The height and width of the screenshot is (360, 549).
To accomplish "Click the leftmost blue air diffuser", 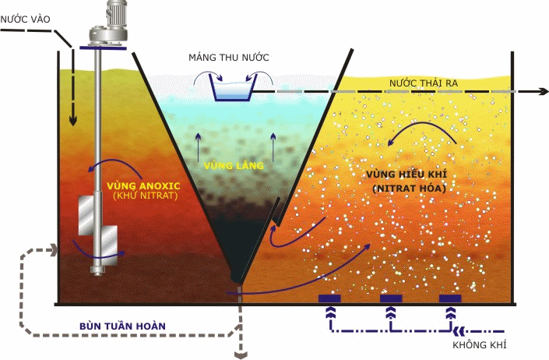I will (x=330, y=298).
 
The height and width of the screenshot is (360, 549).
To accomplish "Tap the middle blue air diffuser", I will (x=390, y=298).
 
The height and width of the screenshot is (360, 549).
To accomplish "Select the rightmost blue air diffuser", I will (x=449, y=298).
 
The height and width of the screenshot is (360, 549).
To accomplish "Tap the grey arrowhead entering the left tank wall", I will (x=55, y=250).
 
